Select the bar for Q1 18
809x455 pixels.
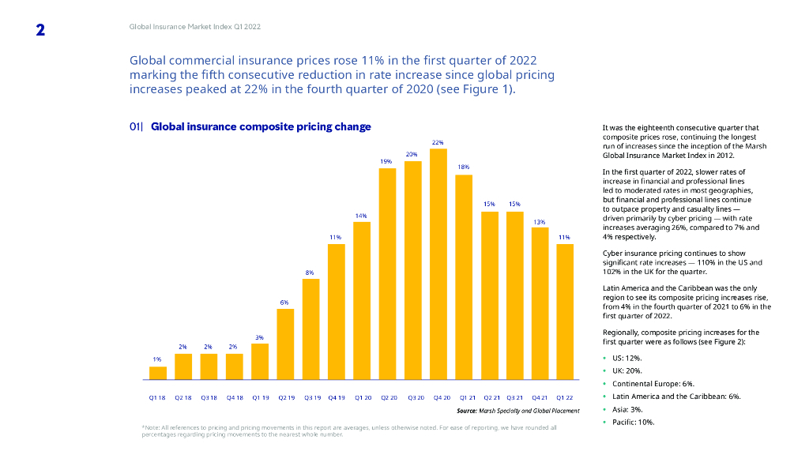[x=158, y=373]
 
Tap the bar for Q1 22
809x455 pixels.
[x=565, y=311]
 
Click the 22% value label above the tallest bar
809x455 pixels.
[x=438, y=142]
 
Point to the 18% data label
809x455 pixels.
[x=464, y=167]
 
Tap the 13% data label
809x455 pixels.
[x=540, y=222]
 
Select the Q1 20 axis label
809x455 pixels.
[x=362, y=397]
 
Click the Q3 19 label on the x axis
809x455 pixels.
[x=311, y=397]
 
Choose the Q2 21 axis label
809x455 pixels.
[x=489, y=397]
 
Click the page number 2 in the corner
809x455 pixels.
[x=40, y=30]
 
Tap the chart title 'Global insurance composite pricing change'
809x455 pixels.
[x=261, y=126]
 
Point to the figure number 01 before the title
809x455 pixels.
[x=135, y=126]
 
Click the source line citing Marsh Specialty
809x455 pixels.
[x=517, y=411]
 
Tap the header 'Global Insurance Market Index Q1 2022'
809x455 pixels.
[x=194, y=27]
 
